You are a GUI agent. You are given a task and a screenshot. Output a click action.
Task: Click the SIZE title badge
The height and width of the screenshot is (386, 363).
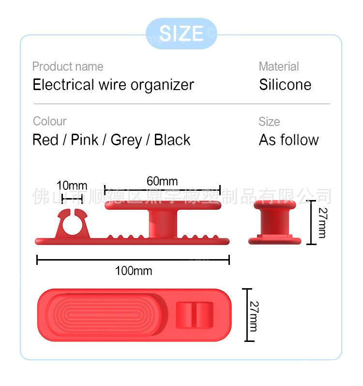pyautogui.click(x=181, y=33)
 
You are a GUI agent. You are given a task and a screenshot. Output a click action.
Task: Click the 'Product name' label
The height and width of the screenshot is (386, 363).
pyautogui.click(x=68, y=66)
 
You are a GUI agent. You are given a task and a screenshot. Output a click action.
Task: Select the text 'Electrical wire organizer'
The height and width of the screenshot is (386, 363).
pyautogui.click(x=113, y=85)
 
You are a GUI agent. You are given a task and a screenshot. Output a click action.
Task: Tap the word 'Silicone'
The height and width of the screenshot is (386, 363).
pyautogui.click(x=285, y=85)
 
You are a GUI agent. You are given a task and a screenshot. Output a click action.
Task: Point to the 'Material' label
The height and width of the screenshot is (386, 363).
pyautogui.click(x=279, y=66)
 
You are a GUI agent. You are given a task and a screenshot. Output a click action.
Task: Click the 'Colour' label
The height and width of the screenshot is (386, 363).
pyautogui.click(x=49, y=121)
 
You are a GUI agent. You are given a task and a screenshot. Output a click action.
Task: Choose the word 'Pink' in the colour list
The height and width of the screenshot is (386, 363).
pyautogui.click(x=85, y=140)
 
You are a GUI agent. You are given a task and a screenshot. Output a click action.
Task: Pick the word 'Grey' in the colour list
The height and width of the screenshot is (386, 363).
pyautogui.click(x=126, y=140)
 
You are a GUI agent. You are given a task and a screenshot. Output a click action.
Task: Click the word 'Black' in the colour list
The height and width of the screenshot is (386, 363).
pyautogui.click(x=172, y=140)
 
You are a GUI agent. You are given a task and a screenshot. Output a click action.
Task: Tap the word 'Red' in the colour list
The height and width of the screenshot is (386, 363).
pyautogui.click(x=45, y=140)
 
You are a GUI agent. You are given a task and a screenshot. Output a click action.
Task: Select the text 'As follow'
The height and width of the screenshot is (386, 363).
pyautogui.click(x=289, y=140)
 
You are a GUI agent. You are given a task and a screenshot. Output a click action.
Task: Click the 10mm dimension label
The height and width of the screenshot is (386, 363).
pyautogui.click(x=72, y=185)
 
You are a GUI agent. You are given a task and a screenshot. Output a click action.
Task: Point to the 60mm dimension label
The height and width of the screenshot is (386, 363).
pyautogui.click(x=162, y=182)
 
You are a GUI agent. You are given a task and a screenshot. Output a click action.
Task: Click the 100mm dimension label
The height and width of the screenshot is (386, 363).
pyautogui.click(x=133, y=271)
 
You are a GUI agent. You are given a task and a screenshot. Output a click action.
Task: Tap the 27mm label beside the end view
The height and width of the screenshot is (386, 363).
pyautogui.click(x=322, y=222)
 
